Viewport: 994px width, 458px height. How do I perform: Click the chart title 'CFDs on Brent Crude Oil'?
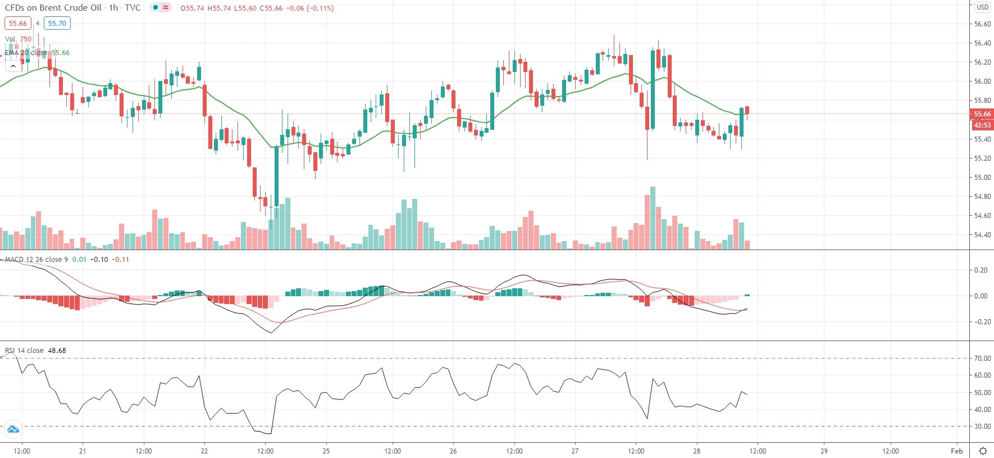coord(53,8)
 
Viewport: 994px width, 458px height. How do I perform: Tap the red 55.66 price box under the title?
coord(18,23)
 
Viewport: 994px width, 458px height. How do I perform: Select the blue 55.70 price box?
coord(57,23)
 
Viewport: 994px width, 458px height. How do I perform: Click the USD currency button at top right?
coord(982,7)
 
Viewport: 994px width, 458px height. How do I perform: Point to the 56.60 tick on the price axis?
coord(982,24)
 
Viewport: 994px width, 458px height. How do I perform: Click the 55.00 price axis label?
coord(982,178)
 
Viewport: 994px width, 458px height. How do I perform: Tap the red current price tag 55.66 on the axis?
coord(982,114)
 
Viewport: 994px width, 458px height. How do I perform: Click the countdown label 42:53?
coord(982,125)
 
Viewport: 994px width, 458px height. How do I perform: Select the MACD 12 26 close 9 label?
coord(36,260)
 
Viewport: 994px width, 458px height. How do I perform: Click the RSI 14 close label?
coord(24,351)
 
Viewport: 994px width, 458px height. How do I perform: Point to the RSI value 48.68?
coord(57,351)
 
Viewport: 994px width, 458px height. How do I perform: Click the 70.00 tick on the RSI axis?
coord(982,359)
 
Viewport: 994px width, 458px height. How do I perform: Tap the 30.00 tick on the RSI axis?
coord(982,427)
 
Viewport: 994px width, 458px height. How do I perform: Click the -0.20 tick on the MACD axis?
coord(981,322)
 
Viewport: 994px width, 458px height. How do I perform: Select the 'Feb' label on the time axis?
coord(957,451)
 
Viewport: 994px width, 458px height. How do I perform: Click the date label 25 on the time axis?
coord(326,451)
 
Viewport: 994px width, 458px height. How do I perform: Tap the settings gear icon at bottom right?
coord(983,451)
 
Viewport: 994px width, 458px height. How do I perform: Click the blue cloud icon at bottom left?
coord(12,430)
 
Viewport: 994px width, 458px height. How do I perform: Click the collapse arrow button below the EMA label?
coord(12,66)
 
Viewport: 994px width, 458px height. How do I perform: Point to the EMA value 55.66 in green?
coord(61,53)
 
